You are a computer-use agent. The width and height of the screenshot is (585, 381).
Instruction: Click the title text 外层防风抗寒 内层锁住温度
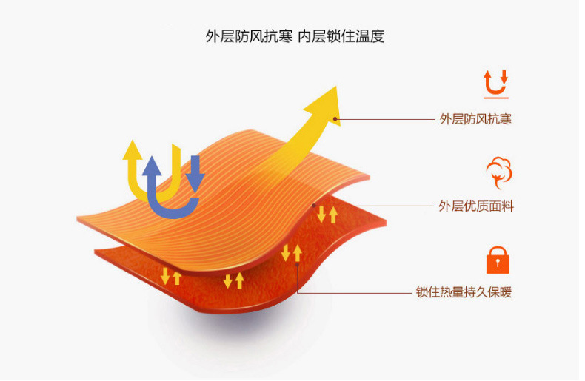295,36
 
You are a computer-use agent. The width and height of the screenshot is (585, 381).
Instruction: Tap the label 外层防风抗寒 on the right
475,118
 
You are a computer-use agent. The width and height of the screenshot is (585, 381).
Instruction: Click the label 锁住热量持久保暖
464,292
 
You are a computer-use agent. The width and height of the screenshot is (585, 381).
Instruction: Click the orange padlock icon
498,260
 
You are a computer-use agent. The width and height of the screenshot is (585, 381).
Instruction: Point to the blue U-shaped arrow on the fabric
173,192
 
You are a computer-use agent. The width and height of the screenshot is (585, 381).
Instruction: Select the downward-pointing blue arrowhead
195,181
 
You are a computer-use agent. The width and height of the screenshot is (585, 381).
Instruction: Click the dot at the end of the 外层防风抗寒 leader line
335,118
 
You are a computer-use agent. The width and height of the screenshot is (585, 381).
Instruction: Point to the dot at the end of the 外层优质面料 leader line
315,206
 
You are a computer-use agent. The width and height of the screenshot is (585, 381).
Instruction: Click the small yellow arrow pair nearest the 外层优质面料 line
327,215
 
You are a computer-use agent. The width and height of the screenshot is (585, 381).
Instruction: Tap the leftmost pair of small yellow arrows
171,277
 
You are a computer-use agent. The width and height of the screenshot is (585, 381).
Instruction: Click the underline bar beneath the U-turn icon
495,97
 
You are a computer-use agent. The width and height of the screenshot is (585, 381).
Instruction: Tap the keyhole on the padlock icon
498,263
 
